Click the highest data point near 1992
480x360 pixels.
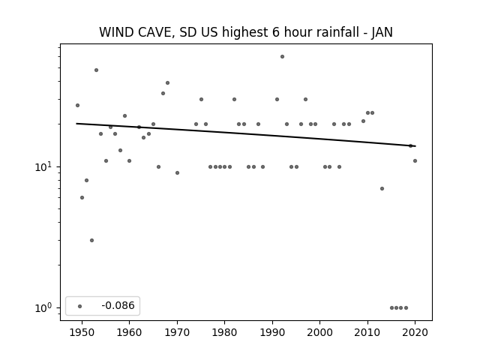282,57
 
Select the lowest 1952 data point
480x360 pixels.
91,240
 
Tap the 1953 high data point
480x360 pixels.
97,70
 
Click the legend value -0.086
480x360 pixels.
118,305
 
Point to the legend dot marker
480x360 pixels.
80,306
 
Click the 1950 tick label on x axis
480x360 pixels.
82,332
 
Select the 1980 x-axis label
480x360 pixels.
224,332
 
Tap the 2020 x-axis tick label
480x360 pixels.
415,332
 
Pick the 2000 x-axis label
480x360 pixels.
320,332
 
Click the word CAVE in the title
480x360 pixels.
156,32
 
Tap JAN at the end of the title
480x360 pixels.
382,32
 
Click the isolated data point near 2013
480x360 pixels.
382,188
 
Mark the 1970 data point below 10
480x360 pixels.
177,173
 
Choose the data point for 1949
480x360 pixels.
77,105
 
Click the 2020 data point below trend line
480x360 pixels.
415,160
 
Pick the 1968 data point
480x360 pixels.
167,83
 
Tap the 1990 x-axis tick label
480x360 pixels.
272,332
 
